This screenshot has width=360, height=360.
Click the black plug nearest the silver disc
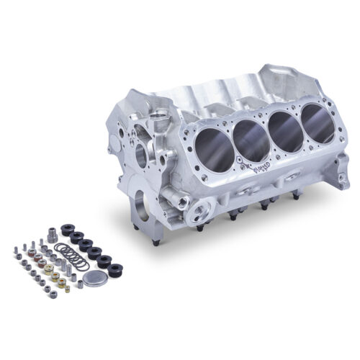[x=113, y=270]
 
